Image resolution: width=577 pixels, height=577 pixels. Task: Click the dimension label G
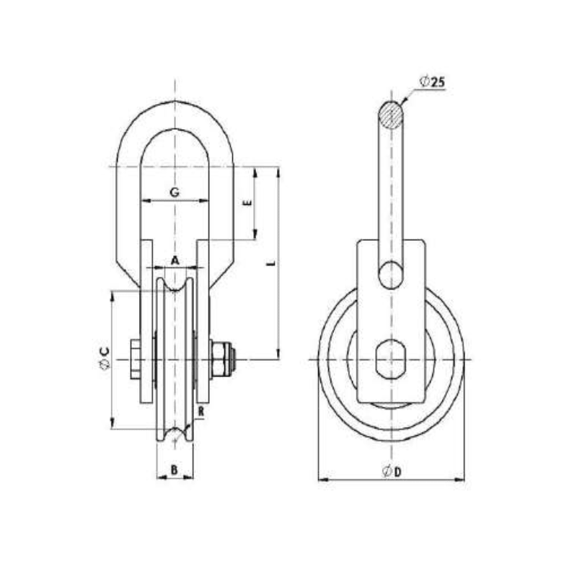[x=174, y=193]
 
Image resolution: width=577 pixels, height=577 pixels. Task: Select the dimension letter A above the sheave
[x=175, y=258]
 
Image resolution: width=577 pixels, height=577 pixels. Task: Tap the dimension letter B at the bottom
[x=174, y=470]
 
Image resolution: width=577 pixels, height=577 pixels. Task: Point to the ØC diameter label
[x=105, y=358]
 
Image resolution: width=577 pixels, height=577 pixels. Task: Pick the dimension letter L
[x=270, y=265]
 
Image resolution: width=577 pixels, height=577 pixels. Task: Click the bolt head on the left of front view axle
[x=135, y=358]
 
